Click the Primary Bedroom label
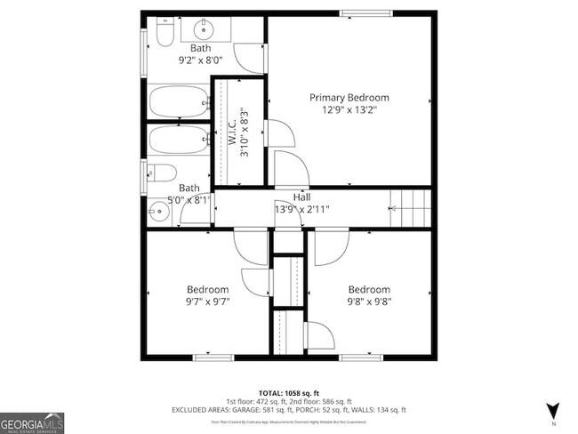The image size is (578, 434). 349,97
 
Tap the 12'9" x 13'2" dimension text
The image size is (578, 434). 349,109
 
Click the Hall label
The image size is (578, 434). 301,197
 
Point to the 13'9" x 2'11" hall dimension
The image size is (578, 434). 301,210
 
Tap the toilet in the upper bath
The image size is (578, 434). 164,34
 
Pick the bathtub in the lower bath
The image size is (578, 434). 179,140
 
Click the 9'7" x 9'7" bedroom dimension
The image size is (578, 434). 207,301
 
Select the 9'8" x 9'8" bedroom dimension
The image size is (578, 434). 368,301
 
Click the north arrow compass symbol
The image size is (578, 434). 552,410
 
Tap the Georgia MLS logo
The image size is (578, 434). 32,421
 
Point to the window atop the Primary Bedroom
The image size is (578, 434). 364,12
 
